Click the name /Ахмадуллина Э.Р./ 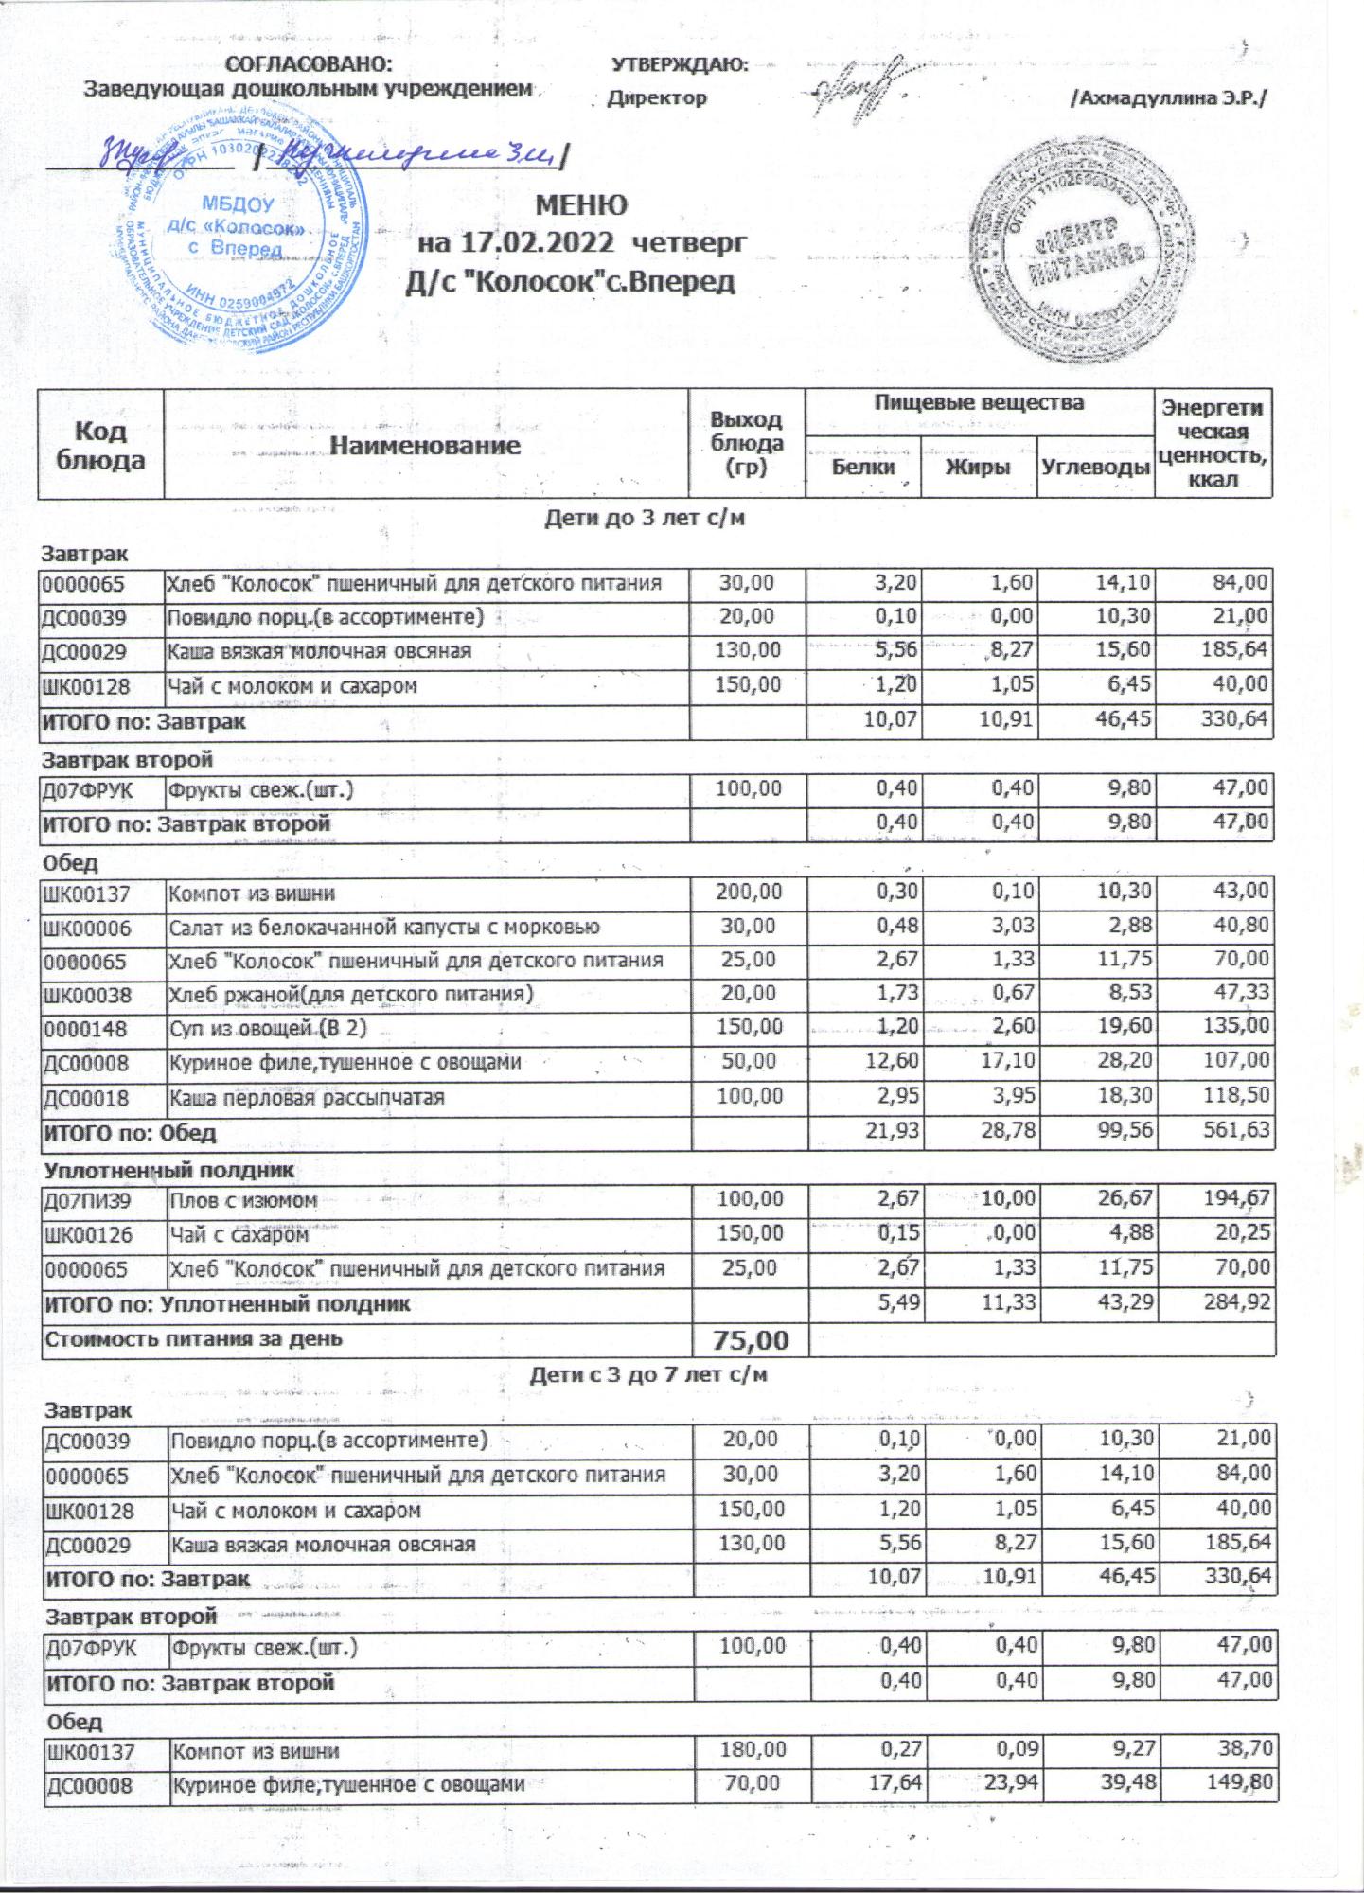[1168, 98]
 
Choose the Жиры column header [979, 468]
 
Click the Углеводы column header [1096, 468]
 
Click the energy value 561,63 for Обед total [1231, 1131]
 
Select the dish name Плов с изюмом [242, 1201]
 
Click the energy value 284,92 [1231, 1304]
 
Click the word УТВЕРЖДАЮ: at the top [680, 64]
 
